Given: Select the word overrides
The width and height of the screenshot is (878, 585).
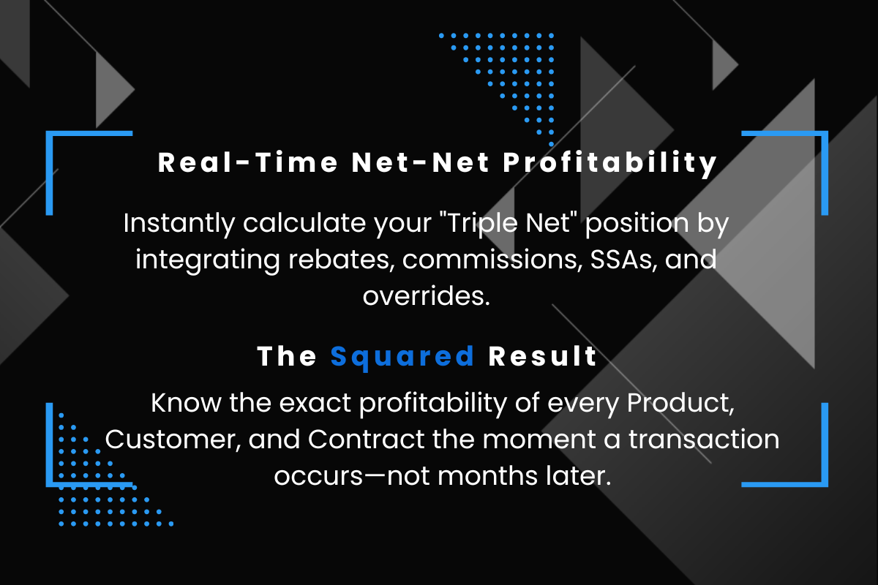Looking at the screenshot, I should [x=426, y=297].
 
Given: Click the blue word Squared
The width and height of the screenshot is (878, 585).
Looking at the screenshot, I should [x=402, y=356].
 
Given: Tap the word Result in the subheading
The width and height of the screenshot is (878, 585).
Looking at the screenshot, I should [x=543, y=356].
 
